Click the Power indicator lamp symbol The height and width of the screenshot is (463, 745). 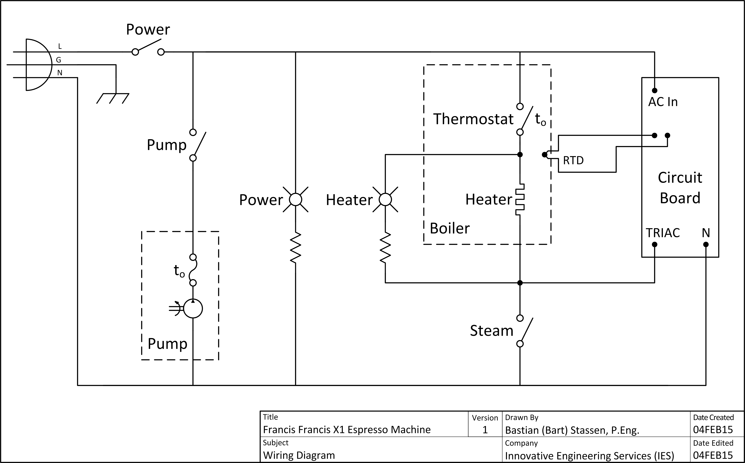pos(295,200)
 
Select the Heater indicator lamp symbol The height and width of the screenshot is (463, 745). pos(385,200)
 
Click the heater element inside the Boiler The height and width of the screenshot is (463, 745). pos(520,200)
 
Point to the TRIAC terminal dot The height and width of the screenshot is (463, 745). pos(654,244)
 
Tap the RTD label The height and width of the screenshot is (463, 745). pos(573,160)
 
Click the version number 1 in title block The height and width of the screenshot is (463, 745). pos(485,430)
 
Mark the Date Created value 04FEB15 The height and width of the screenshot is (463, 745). pos(713,430)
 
